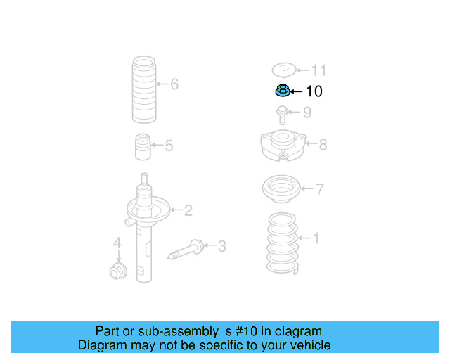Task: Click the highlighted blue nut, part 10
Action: tap(281, 91)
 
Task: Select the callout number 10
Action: tap(314, 91)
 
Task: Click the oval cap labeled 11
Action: tap(283, 70)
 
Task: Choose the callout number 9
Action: tap(307, 112)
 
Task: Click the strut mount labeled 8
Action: tap(283, 145)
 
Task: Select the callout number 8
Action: tap(323, 145)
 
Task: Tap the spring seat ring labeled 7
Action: tap(281, 189)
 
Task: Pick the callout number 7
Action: tap(319, 189)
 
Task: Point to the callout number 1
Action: tap(316, 239)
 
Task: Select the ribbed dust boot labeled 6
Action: tap(143, 90)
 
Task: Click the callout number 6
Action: tap(174, 85)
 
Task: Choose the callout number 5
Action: tap(169, 146)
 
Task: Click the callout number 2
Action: tap(188, 210)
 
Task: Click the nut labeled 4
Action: tap(117, 271)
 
